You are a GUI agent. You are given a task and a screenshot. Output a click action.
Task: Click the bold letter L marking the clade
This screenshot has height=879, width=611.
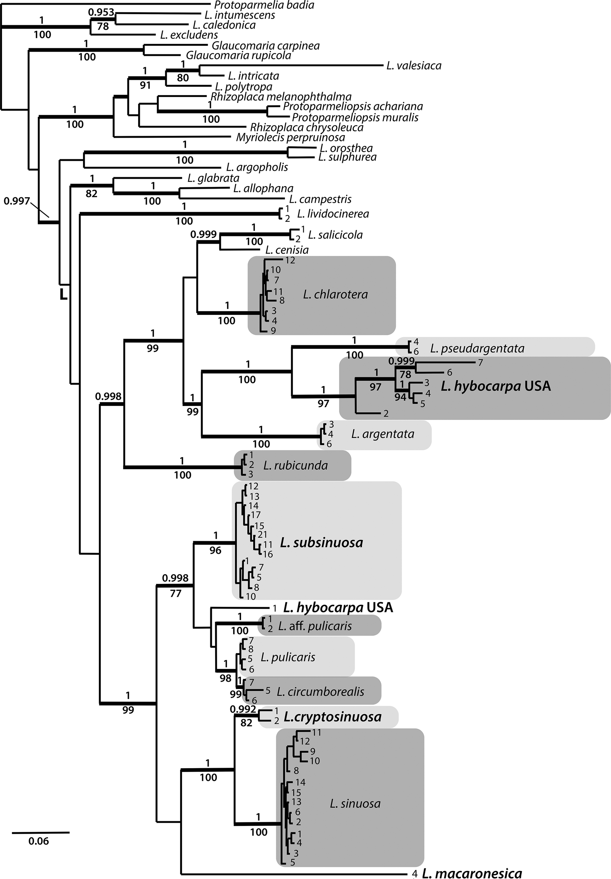click(x=63, y=295)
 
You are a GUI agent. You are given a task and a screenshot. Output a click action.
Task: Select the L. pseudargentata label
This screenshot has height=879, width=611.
click(x=477, y=348)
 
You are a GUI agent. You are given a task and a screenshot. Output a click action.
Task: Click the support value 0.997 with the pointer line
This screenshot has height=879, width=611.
click(x=16, y=200)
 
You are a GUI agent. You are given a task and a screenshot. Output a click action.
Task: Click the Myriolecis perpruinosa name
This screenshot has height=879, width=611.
click(x=290, y=137)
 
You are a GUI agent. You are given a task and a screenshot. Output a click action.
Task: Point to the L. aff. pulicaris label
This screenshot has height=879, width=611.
click(x=315, y=626)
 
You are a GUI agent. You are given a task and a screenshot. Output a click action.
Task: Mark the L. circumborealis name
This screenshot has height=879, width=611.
click(x=320, y=691)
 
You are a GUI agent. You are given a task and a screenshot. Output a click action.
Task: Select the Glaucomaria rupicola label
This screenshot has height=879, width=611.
click(x=238, y=56)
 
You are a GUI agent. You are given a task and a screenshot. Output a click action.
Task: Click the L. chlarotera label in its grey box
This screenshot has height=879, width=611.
click(x=335, y=294)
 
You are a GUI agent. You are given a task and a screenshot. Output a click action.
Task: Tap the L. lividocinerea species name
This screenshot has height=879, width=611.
click(x=333, y=214)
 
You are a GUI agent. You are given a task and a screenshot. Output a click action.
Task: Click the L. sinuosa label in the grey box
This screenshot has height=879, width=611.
click(x=355, y=804)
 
